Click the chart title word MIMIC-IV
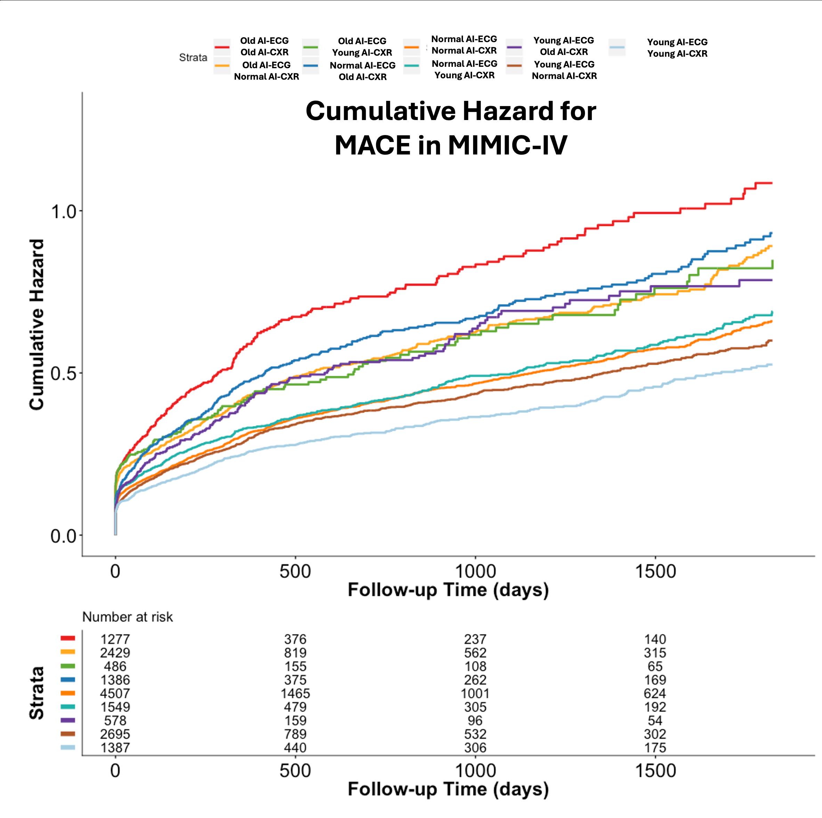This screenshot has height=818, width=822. [x=507, y=145]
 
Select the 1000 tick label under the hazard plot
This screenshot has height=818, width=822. [x=475, y=571]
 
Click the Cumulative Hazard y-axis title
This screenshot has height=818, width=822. [x=36, y=325]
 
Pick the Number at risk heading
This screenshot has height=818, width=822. [x=127, y=617]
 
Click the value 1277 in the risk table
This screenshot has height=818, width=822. [x=115, y=639]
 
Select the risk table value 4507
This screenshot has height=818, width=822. [x=115, y=693]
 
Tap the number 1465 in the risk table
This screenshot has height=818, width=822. [x=295, y=693]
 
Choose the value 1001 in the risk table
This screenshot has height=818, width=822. [x=475, y=693]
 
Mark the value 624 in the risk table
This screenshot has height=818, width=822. [x=655, y=693]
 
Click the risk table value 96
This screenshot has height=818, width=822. [x=475, y=721]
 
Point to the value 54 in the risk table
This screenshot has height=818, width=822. [x=655, y=721]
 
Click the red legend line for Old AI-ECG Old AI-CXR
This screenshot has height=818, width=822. [x=222, y=47]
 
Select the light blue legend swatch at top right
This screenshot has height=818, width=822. [x=617, y=47]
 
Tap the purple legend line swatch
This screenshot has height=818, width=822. [x=514, y=47]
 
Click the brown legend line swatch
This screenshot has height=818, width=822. [x=514, y=65]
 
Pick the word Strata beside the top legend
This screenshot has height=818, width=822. [x=193, y=57]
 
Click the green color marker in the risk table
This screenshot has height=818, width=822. [x=68, y=666]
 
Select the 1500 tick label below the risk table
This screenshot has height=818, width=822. [x=655, y=770]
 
